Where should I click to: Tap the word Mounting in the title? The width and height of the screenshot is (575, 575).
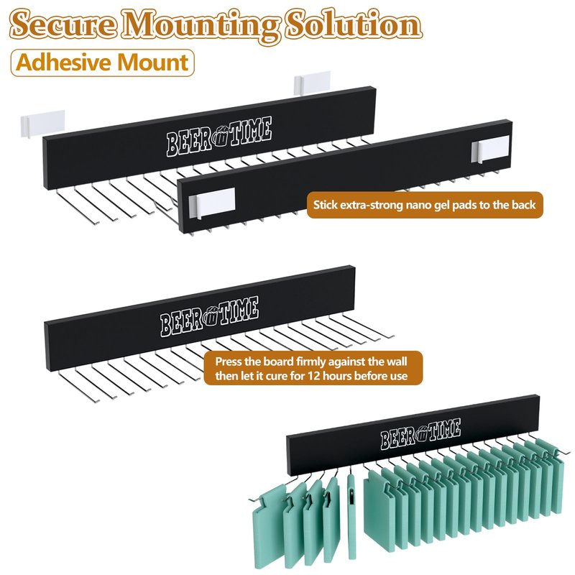[201, 26]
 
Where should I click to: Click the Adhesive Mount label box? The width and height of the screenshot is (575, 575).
[102, 63]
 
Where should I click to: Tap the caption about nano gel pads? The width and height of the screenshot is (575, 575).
[425, 205]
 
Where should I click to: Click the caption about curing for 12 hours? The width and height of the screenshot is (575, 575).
[312, 369]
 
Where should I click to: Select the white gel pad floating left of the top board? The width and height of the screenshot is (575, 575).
[43, 123]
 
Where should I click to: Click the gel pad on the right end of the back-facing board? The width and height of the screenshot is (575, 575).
[490, 149]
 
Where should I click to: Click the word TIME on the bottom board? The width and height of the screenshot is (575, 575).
[445, 430]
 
